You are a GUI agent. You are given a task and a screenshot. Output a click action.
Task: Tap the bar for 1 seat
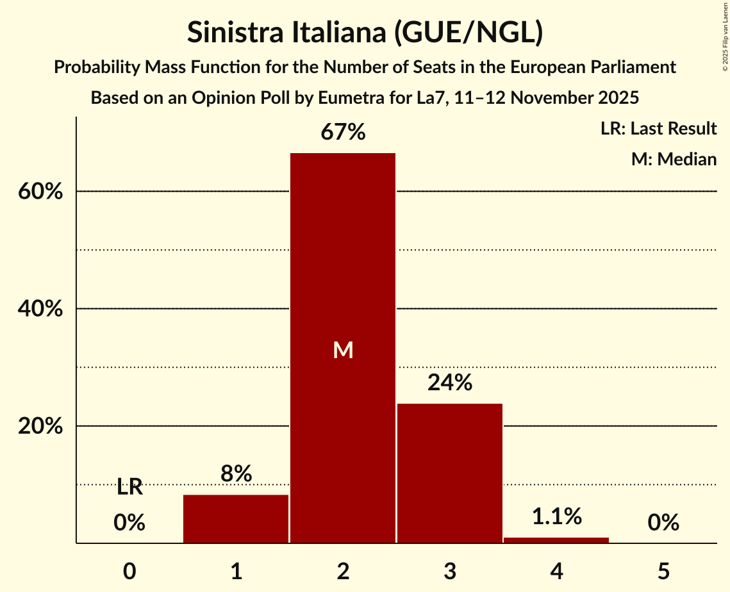[x=236, y=519]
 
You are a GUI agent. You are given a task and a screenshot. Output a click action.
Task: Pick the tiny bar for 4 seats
[x=556, y=540]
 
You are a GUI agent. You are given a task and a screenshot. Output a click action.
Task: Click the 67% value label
[x=343, y=133]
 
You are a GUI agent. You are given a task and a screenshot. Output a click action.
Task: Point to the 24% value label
[x=449, y=383]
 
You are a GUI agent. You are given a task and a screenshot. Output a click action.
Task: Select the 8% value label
[x=236, y=474]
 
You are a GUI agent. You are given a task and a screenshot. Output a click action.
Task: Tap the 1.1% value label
[x=556, y=516]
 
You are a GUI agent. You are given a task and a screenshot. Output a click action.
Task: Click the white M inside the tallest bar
[x=343, y=350]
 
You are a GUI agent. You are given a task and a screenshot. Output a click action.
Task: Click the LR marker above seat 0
[x=129, y=487]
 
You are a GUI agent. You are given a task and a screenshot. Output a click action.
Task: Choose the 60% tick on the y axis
[x=40, y=192]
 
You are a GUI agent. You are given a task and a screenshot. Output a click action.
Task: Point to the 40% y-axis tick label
[x=40, y=309]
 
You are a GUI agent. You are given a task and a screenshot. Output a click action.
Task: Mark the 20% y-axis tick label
[x=40, y=426]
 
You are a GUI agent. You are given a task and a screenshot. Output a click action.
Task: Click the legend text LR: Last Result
[x=658, y=129]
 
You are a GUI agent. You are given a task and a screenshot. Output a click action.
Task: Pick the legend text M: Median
[x=674, y=159]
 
